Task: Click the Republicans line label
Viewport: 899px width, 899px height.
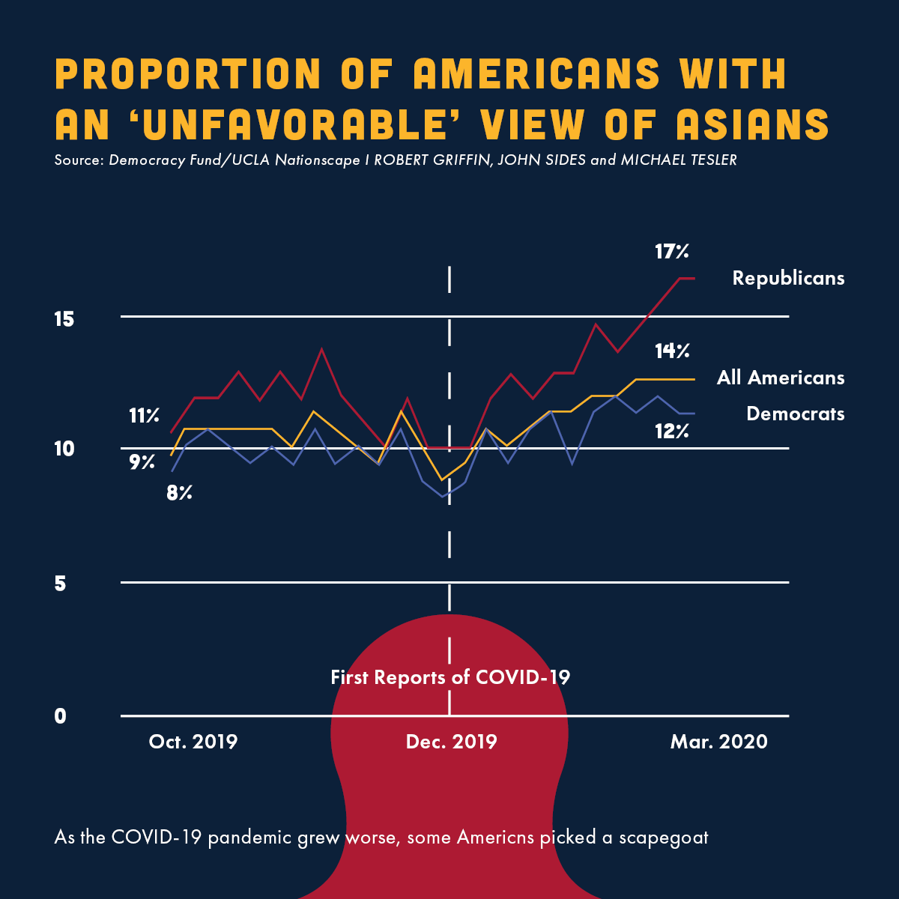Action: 788,278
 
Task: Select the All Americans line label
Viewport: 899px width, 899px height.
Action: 780,378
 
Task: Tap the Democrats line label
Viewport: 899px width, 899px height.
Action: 795,414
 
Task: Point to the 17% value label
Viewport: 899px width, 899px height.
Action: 671,252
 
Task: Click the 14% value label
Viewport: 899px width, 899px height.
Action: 671,351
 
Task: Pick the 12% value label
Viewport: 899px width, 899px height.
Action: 671,432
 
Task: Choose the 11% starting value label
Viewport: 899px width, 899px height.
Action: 144,416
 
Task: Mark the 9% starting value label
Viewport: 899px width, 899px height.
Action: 142,462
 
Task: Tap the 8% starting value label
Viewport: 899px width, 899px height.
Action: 180,493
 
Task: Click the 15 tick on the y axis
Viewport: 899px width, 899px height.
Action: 64,319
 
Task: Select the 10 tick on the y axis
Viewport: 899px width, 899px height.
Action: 64,449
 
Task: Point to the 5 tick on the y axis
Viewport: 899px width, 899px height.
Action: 60,583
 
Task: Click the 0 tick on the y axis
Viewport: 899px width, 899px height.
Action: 60,716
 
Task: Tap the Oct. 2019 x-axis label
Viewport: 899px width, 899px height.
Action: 193,742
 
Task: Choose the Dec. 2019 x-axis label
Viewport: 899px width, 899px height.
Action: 451,742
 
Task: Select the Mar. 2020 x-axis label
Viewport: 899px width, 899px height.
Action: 718,742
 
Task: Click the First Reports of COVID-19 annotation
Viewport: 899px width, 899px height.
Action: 450,677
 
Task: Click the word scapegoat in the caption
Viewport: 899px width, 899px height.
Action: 663,837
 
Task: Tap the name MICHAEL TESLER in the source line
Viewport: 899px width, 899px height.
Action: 679,160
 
